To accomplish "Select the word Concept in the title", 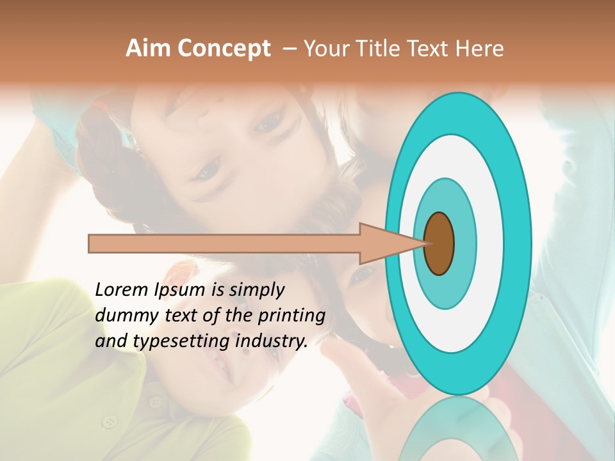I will pos(224,49).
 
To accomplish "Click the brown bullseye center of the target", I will pos(439,243).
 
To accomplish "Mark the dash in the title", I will pos(290,49).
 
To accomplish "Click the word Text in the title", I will pos(427,49).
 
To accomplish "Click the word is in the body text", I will pos(218,290).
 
